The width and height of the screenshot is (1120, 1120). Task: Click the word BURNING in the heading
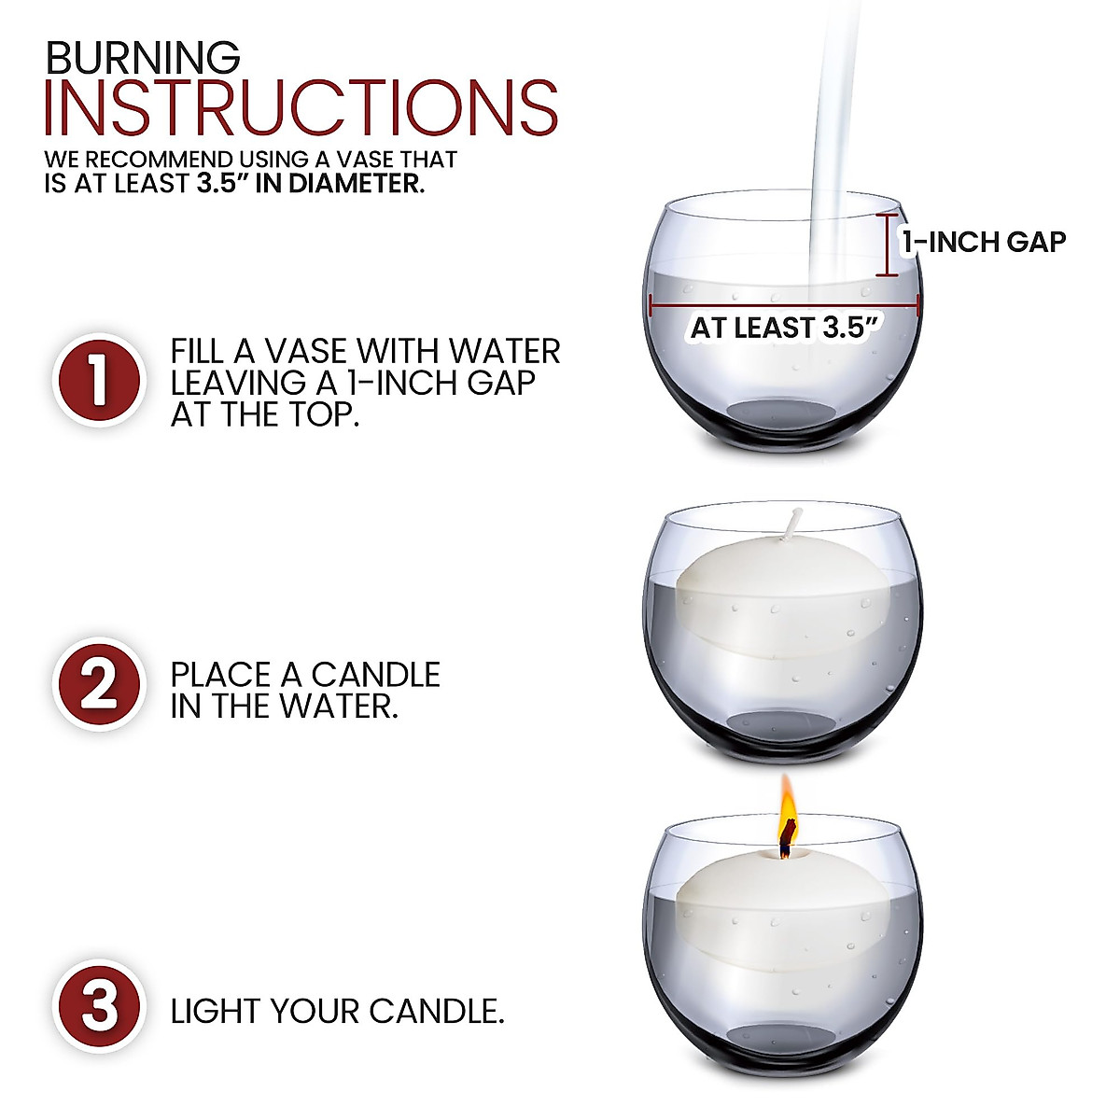coord(143,58)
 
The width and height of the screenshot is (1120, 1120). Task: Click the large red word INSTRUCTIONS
coord(301,109)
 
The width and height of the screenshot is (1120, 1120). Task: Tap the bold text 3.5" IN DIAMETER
coord(311,184)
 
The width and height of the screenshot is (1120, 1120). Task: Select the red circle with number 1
coord(99,381)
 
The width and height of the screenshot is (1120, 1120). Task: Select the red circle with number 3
coord(99,1007)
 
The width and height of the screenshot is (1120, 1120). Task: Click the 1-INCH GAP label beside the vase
coord(984,243)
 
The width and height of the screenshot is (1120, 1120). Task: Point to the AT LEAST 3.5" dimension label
coord(786,329)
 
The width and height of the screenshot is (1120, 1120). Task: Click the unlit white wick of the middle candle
coord(794,525)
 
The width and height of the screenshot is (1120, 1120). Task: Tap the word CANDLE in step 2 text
coord(375,675)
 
